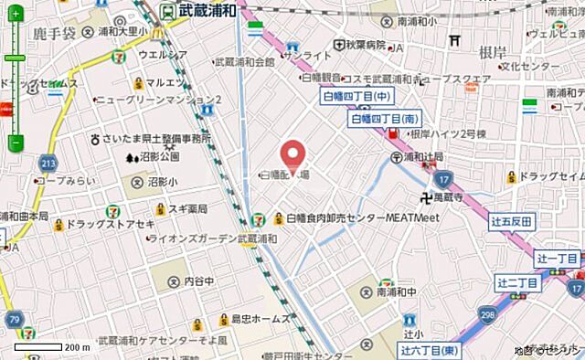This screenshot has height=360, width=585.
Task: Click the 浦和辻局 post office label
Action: [x=416, y=156]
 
